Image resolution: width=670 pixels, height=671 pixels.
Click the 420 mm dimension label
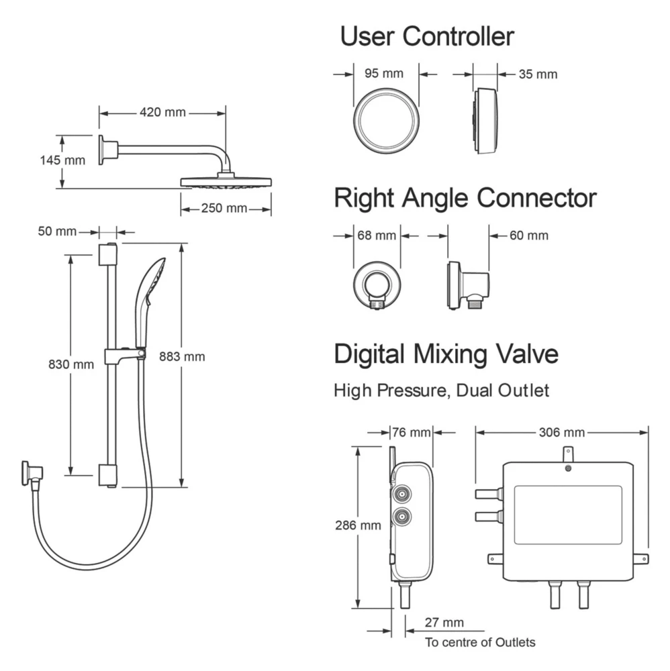pos(162,113)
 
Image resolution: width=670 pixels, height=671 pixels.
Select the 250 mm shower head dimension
pos(224,209)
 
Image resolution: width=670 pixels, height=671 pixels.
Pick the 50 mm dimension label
pos(57,231)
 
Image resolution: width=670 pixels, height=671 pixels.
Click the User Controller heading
pos(427,36)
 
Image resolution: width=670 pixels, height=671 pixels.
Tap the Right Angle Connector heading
pos(465,198)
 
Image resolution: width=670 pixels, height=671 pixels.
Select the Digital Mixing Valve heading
pos(446,354)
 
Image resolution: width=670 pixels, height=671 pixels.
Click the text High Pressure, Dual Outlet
pos(441,390)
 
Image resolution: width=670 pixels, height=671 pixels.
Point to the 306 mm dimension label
pos(561,431)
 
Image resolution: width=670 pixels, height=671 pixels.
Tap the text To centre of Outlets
pos(480,642)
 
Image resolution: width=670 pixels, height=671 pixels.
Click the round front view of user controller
pos(387,121)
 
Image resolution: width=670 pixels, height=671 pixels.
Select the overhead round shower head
pos(226,182)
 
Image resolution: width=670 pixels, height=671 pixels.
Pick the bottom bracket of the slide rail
pos(107,474)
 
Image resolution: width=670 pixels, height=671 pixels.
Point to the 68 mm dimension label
pos(377,236)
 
